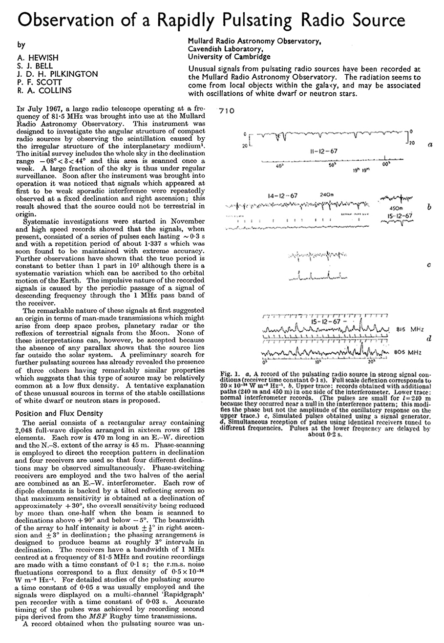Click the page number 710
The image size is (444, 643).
point(227,111)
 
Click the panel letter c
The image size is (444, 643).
point(428,265)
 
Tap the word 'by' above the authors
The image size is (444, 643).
point(21,45)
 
